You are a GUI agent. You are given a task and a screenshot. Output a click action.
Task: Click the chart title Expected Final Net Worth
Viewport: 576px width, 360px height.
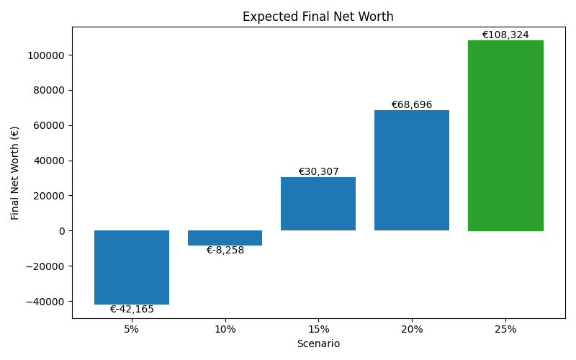[318, 17]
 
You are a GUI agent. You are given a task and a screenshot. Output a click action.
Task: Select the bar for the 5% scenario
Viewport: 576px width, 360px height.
[132, 267]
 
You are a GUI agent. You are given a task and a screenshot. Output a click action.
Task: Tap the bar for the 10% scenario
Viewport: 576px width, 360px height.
[225, 238]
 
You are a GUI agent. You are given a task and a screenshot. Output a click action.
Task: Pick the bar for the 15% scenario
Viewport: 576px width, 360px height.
[318, 204]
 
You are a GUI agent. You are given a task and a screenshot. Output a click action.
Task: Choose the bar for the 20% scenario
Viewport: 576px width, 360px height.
[412, 170]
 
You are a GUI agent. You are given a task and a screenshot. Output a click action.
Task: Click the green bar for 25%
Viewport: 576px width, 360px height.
[505, 135]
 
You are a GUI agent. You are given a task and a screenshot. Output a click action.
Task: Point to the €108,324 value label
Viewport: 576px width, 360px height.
[505, 35]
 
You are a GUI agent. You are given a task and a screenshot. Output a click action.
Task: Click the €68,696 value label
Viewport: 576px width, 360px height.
[412, 104]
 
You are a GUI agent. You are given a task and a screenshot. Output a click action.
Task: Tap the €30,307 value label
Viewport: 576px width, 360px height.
[318, 171]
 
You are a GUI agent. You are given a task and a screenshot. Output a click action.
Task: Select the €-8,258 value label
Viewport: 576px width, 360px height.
[225, 251]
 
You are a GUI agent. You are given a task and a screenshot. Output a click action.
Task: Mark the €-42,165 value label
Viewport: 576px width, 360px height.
[132, 310]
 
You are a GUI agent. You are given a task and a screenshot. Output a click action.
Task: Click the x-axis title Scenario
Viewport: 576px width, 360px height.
[318, 344]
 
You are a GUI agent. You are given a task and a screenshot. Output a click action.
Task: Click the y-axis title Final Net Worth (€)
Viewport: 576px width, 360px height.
[15, 173]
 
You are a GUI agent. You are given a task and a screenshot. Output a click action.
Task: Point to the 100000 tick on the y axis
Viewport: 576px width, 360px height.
[45, 55]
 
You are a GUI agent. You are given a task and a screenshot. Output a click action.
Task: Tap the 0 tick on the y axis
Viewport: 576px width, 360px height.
[62, 231]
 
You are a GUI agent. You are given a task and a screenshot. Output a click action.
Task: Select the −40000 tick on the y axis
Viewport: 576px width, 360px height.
[45, 302]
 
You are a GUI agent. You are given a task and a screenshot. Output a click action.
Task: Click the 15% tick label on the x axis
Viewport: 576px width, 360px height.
[318, 329]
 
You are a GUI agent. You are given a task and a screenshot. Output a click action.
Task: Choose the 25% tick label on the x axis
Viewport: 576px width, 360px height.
[505, 329]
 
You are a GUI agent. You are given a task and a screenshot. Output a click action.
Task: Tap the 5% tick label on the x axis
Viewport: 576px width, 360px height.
[132, 329]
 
